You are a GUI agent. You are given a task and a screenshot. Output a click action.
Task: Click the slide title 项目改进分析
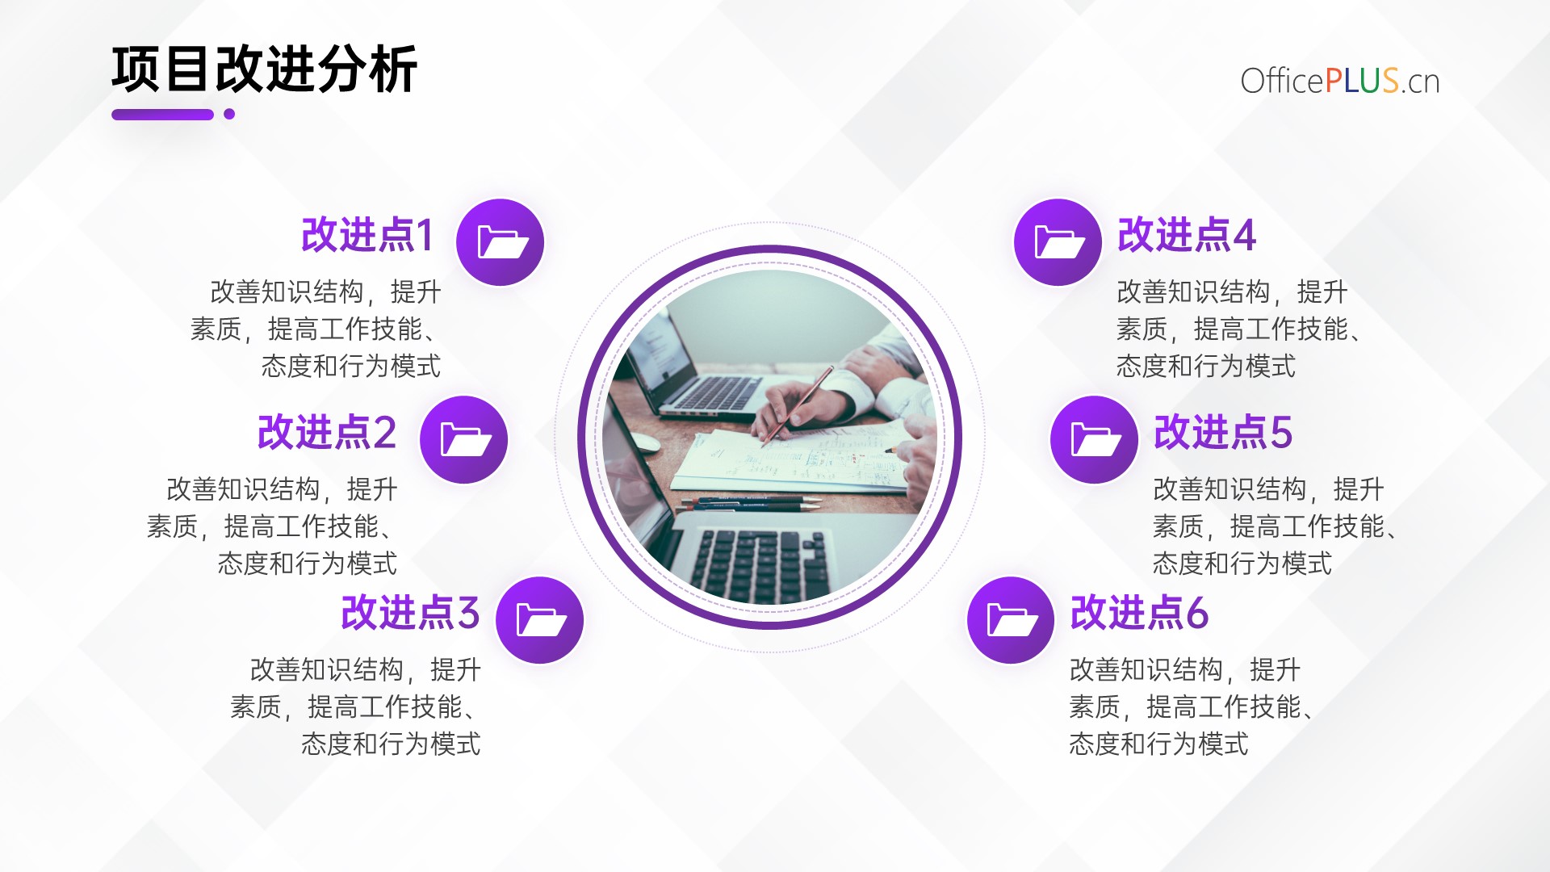[x=265, y=69]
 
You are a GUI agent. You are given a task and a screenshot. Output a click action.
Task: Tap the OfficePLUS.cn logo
[x=1340, y=81]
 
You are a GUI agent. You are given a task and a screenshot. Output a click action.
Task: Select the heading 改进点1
[x=367, y=235]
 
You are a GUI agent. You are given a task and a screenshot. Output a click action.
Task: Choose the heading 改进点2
[x=327, y=432]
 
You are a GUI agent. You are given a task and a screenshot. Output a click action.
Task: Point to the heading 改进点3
[x=411, y=612]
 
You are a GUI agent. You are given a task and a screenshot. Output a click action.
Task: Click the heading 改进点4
[x=1187, y=235]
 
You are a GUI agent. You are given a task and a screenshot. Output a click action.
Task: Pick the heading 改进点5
[x=1223, y=432]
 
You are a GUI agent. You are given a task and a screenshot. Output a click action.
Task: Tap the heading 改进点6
[x=1139, y=612]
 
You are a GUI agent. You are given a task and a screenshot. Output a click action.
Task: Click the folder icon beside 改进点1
[x=500, y=242]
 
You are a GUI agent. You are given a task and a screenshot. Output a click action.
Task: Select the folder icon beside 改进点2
[x=463, y=440]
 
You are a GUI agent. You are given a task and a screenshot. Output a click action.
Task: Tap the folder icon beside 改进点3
[x=539, y=620]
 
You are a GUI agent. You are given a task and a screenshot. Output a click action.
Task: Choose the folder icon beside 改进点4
[x=1058, y=242]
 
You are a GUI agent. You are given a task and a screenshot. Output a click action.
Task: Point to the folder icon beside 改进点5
[x=1094, y=440]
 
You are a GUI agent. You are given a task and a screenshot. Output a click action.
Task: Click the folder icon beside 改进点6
[x=1011, y=620]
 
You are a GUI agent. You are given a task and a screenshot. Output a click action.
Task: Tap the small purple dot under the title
[x=229, y=114]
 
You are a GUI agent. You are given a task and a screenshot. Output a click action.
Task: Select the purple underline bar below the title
[x=162, y=115]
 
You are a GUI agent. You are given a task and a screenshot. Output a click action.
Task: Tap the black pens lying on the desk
[x=751, y=505]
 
